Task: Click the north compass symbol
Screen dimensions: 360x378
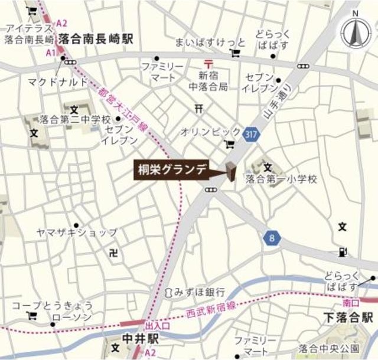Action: coord(354,34)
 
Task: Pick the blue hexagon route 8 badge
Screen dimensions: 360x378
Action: coord(272,238)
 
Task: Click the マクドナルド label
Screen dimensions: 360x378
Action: coord(57,81)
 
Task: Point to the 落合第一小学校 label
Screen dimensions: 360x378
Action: coord(281,178)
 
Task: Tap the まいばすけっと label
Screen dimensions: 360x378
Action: coord(201,42)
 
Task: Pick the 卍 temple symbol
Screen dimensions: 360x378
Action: coord(114,253)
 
